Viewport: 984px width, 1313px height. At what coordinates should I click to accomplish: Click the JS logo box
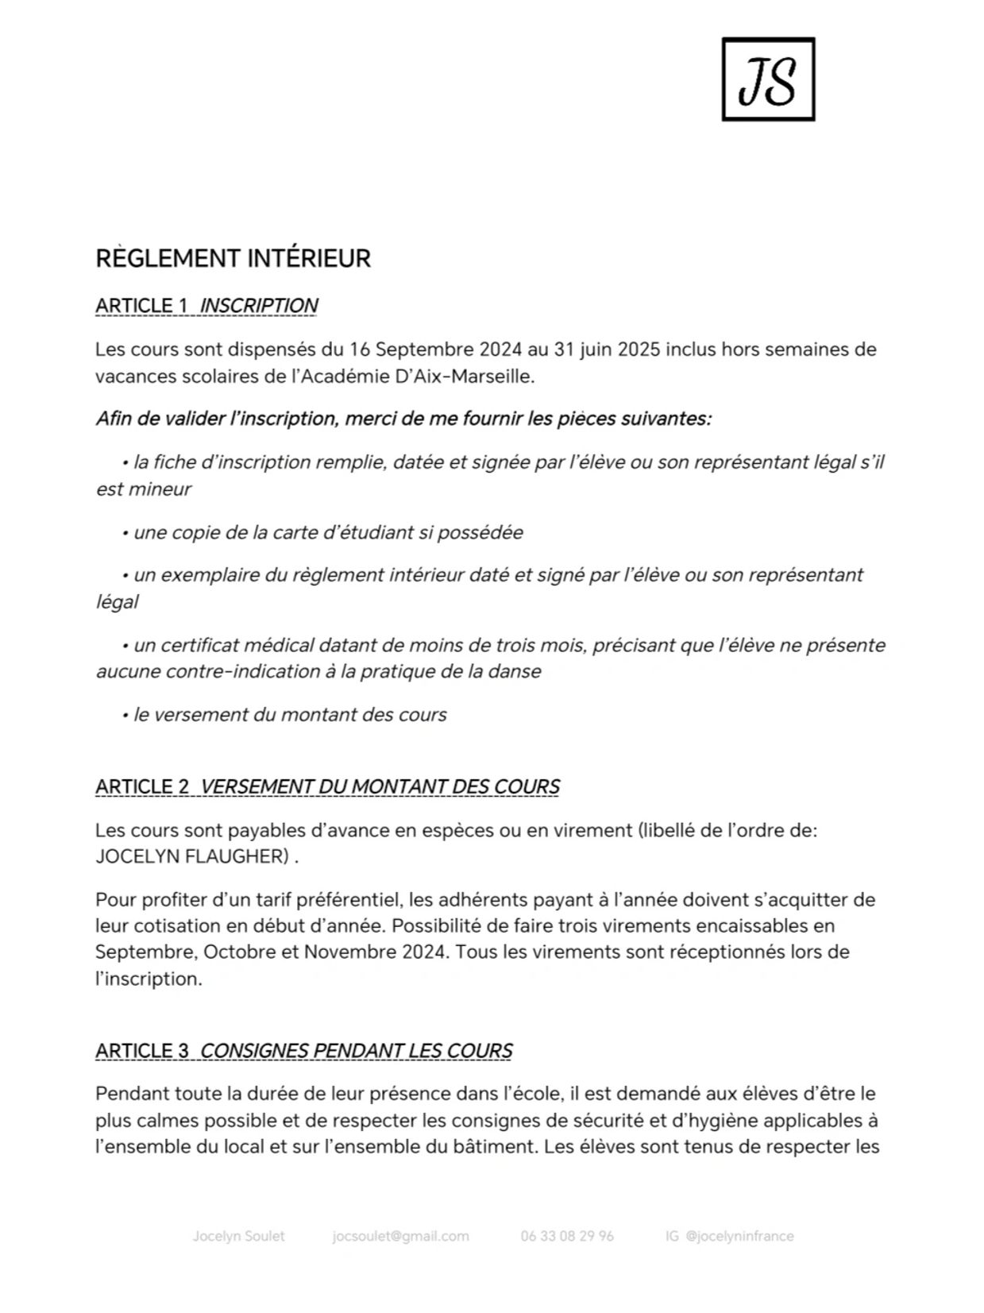click(767, 79)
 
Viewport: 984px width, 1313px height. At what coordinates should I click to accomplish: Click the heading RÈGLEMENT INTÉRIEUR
click(233, 259)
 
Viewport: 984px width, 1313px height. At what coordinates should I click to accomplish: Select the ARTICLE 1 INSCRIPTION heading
click(206, 306)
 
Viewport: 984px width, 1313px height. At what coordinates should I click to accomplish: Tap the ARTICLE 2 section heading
click(327, 786)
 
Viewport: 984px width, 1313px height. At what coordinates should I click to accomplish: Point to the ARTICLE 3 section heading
click(303, 1051)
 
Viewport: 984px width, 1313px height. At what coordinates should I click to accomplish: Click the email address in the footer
click(400, 1236)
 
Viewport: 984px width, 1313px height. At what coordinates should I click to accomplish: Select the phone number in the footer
click(567, 1236)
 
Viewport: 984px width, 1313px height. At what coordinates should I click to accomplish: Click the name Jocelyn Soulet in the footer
click(238, 1236)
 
